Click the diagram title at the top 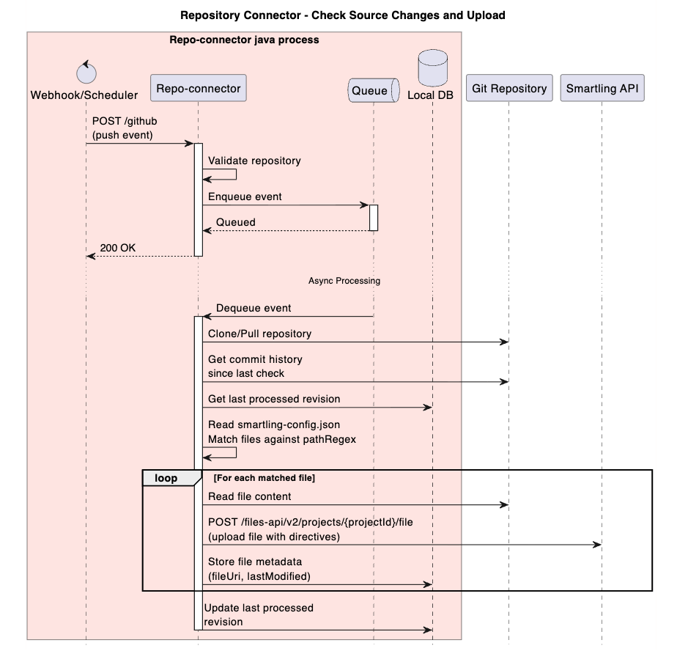(x=342, y=15)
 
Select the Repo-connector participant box (x=197, y=89)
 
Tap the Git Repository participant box (x=509, y=89)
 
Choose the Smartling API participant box (x=602, y=89)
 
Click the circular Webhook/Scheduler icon (x=86, y=73)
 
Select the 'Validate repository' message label (x=254, y=160)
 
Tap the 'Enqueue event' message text (x=245, y=196)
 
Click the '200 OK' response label (x=117, y=248)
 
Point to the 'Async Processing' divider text (x=344, y=281)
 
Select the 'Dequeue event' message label (x=253, y=309)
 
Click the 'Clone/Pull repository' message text (x=259, y=334)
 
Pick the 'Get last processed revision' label (x=273, y=399)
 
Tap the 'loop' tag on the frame (x=166, y=478)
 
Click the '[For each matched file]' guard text (x=264, y=478)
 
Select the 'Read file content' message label (x=249, y=496)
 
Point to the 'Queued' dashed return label (x=235, y=222)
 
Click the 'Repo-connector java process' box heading (x=244, y=40)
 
